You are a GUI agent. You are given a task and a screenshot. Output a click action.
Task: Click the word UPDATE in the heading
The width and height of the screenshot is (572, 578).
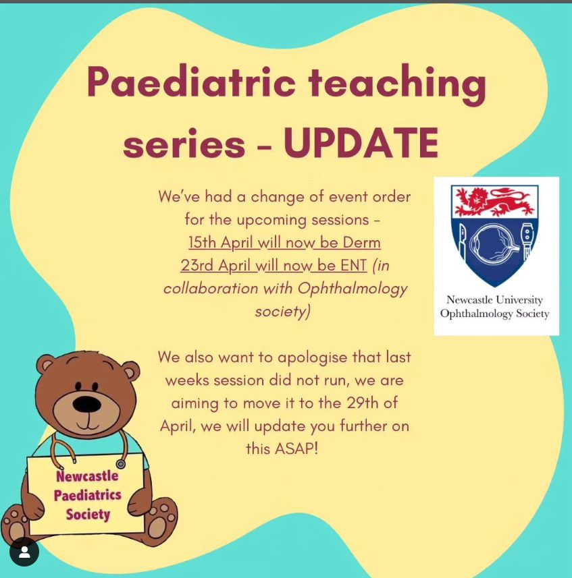tap(361, 143)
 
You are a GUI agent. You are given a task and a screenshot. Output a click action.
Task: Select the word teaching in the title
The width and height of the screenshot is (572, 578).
tap(397, 84)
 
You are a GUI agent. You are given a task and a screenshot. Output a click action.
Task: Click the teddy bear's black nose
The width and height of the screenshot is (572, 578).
tap(86, 404)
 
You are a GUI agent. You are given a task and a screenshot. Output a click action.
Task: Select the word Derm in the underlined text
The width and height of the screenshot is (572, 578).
tap(361, 243)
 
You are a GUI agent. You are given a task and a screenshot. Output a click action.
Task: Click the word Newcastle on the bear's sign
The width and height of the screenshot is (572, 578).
tap(87, 475)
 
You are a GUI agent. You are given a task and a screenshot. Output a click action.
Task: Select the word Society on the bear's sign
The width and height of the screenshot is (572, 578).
tap(88, 514)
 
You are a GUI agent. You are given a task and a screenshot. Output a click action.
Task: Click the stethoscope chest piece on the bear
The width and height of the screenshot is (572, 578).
tap(120, 464)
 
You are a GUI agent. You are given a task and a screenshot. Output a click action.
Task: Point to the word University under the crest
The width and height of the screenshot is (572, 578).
tap(519, 299)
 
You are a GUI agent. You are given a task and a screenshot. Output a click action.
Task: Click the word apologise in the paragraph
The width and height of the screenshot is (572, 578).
tap(312, 357)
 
